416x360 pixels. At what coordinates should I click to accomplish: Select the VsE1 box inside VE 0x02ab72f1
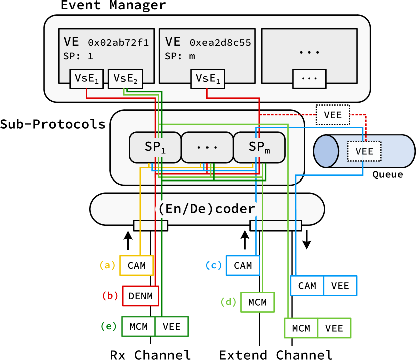[87, 78]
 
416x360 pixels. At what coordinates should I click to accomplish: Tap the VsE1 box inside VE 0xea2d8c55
[207, 78]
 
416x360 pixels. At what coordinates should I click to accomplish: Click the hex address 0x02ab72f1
[118, 42]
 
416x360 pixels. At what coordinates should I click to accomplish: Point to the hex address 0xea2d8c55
[221, 42]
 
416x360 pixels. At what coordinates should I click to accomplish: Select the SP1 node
[155, 147]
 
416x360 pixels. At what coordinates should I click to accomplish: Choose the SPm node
[259, 147]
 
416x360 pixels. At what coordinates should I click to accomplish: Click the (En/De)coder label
[206, 208]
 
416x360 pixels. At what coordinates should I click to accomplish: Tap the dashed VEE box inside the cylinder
[364, 151]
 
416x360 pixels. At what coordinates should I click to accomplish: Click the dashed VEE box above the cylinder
[333, 115]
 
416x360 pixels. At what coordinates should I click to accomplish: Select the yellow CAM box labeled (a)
[136, 265]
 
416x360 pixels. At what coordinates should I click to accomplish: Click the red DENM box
[140, 296]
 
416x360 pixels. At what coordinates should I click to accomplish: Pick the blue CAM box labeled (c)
[243, 265]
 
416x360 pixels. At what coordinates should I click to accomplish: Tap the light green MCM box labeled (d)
[257, 302]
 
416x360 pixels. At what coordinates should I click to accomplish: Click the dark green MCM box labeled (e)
[138, 326]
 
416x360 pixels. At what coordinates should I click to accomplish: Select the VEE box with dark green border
[172, 326]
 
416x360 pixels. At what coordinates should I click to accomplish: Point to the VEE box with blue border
[340, 286]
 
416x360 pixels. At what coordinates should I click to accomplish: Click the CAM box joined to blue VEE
[307, 286]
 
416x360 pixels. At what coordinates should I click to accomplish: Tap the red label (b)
[110, 296]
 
